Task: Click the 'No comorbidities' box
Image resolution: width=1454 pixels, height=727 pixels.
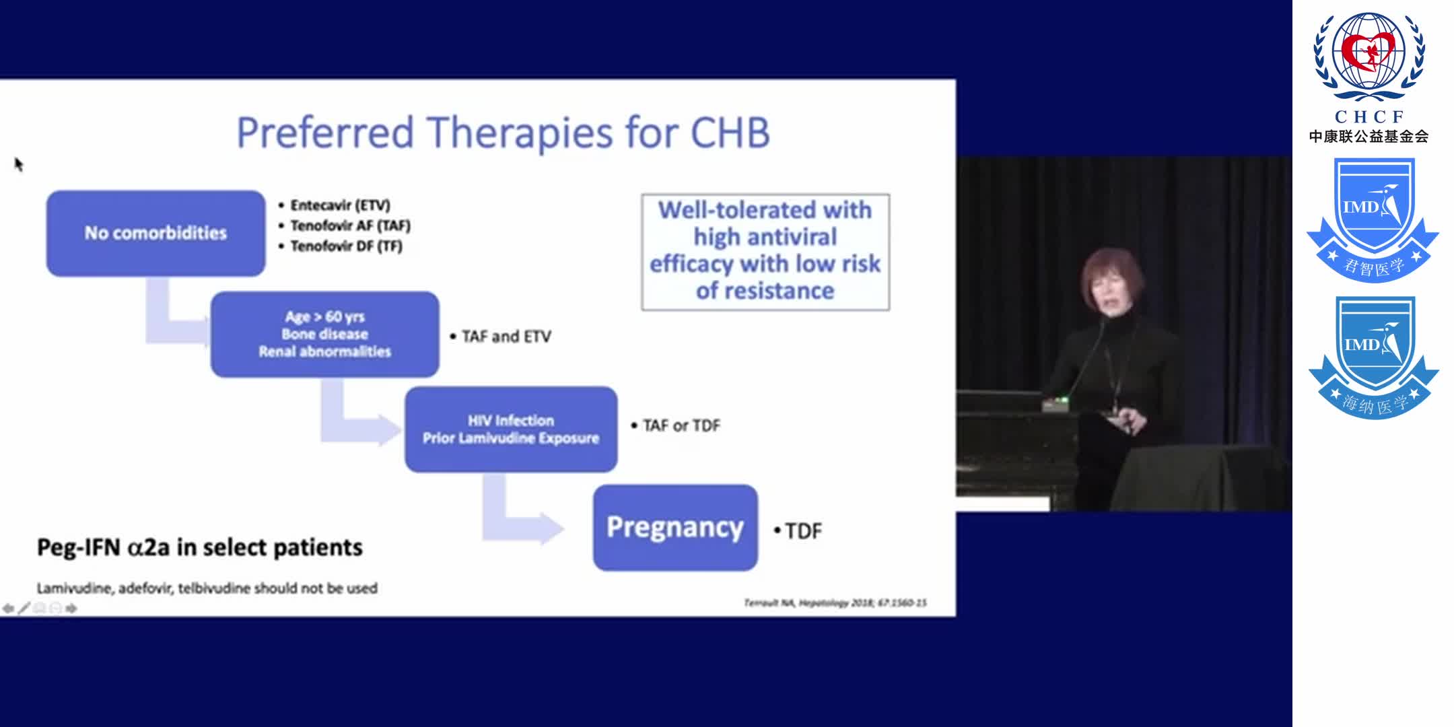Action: tap(155, 233)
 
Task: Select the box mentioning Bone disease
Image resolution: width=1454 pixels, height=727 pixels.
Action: tap(324, 334)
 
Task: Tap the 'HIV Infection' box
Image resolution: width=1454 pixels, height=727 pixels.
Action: tap(510, 429)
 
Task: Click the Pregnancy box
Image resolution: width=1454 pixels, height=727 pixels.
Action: tap(674, 527)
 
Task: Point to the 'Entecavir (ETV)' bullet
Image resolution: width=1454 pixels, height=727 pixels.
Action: tap(339, 205)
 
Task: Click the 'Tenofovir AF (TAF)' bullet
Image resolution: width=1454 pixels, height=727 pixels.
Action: tap(349, 226)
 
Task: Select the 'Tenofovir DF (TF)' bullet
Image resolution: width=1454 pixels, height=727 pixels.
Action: tap(345, 246)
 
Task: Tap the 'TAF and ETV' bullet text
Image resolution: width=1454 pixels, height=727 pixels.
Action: tap(506, 337)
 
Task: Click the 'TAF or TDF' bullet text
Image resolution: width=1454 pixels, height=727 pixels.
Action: tap(681, 425)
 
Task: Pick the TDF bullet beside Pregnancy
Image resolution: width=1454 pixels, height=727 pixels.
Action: tap(802, 531)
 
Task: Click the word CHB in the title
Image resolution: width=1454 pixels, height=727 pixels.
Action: tap(730, 133)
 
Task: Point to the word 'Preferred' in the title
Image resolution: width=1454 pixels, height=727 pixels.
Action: tap(324, 133)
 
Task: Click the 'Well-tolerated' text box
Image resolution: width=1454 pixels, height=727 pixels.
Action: tap(765, 251)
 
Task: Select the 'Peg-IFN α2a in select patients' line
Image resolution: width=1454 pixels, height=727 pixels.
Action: tap(199, 547)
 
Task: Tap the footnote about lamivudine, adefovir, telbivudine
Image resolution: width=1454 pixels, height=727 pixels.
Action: tap(207, 588)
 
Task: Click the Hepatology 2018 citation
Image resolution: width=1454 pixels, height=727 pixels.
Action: tap(835, 602)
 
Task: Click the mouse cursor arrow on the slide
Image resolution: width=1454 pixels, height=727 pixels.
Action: tap(18, 164)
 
